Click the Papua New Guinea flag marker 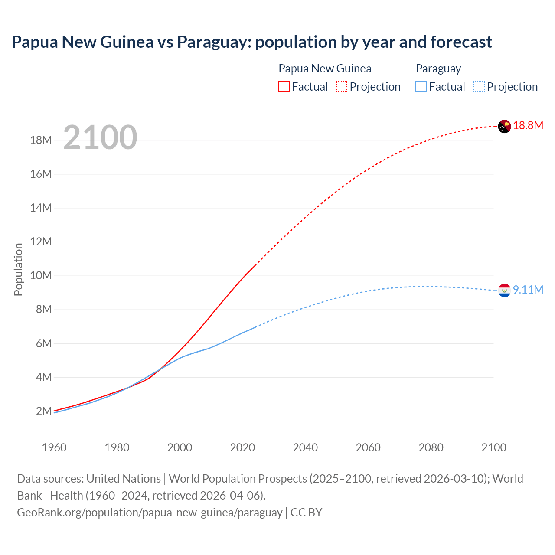coord(504,126)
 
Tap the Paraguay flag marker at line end coord(504,291)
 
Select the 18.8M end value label coord(528,126)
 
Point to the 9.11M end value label coord(528,290)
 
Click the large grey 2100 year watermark coord(100,137)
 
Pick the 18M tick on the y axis coord(41,140)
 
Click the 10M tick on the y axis coord(41,276)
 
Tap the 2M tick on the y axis coord(44,411)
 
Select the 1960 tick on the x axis coord(54,447)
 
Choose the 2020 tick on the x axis coord(242,447)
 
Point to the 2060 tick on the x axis coord(368,447)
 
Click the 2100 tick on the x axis coord(493,447)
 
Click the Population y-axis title coord(18,269)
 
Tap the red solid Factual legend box coord(284,87)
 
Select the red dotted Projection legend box coord(342,87)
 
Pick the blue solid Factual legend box coord(421,87)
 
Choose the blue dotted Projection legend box coord(479,87)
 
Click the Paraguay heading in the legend coord(438,69)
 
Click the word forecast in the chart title coord(461,42)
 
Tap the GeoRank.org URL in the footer coord(150,513)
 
